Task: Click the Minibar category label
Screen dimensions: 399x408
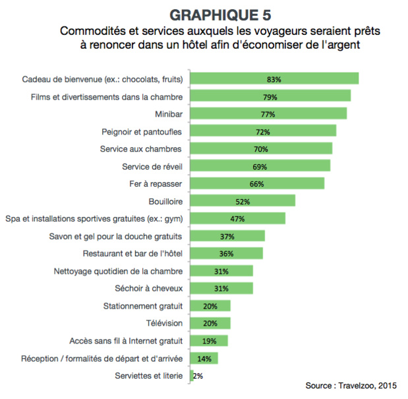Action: [x=168, y=114]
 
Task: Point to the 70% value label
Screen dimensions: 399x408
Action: [x=260, y=148]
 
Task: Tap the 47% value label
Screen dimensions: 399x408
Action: [x=237, y=218]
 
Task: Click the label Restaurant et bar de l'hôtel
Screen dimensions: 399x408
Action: [x=132, y=253]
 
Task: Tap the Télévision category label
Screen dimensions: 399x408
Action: [x=163, y=323]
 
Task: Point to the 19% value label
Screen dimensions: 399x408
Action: [x=208, y=341]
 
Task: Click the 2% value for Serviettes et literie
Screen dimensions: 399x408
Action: [x=198, y=376]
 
